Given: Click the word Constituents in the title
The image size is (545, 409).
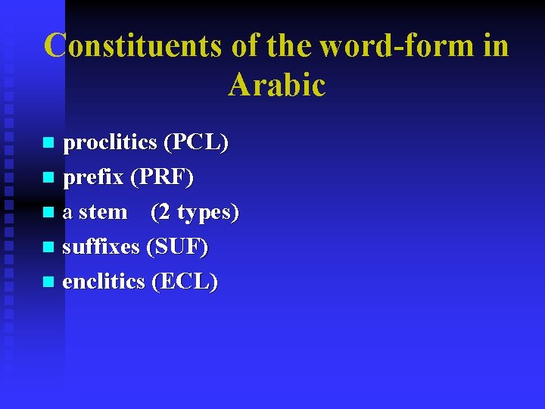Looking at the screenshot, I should pyautogui.click(x=133, y=45).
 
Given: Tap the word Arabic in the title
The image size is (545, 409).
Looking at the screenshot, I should pyautogui.click(x=276, y=85).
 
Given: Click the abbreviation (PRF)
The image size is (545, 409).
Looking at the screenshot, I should pyautogui.click(x=162, y=177).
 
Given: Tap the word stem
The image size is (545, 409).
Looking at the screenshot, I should pyautogui.click(x=103, y=212).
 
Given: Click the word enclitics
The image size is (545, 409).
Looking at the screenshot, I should pyautogui.click(x=104, y=282).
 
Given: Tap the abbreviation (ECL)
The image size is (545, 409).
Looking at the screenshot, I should pyautogui.click(x=185, y=282).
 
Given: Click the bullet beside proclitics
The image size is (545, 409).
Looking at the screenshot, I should pyautogui.click(x=48, y=142).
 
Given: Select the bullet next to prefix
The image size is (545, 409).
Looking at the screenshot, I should pyautogui.click(x=48, y=178).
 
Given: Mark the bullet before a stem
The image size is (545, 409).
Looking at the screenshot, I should pyautogui.click(x=48, y=213).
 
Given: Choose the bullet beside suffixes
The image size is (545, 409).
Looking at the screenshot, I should pyautogui.click(x=48, y=248).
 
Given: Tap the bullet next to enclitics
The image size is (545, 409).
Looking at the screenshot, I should pyautogui.click(x=48, y=283).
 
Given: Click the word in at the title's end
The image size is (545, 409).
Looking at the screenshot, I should pyautogui.click(x=495, y=45).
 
